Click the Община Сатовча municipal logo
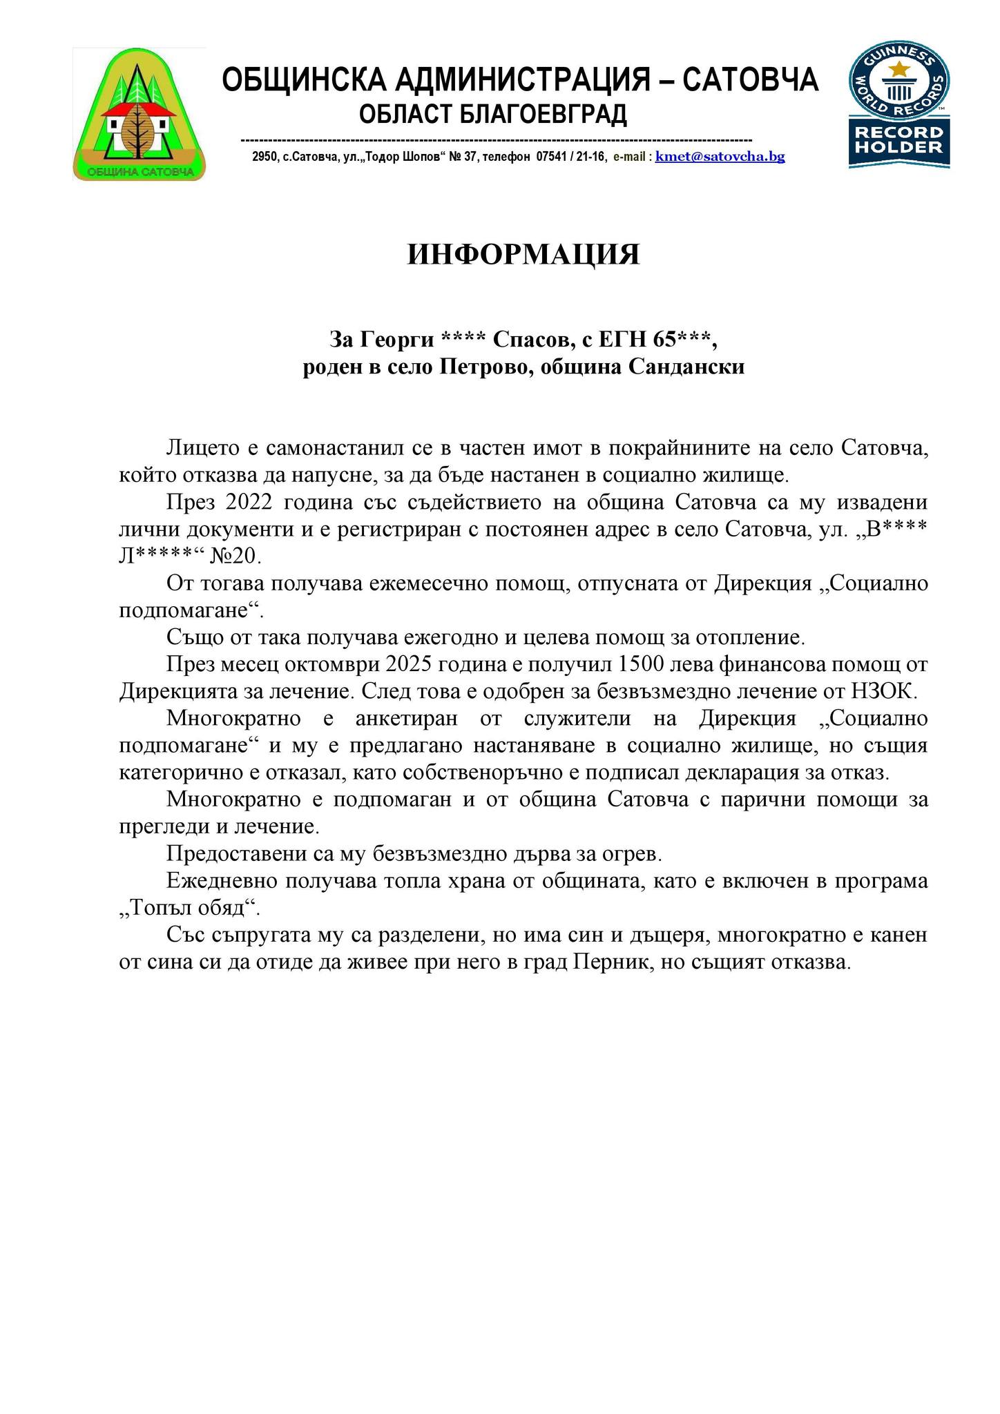(139, 115)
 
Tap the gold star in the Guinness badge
(899, 69)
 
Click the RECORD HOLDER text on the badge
(899, 139)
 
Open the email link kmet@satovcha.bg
(720, 157)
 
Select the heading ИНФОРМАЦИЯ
(523, 254)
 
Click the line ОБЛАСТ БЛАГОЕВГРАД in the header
(493, 114)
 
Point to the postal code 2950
(265, 157)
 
